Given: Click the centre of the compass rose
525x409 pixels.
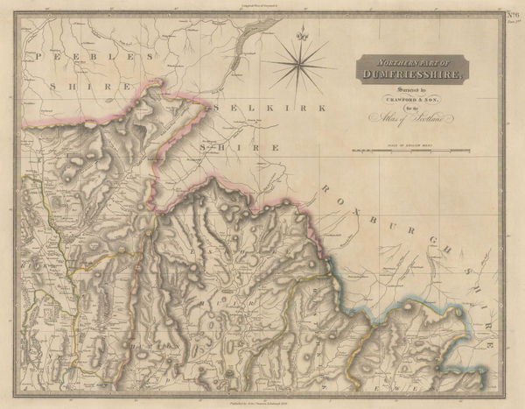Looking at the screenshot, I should tap(299, 66).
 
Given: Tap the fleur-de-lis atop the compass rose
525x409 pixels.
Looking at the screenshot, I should tap(299, 35).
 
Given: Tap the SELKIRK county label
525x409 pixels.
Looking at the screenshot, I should tap(267, 108).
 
